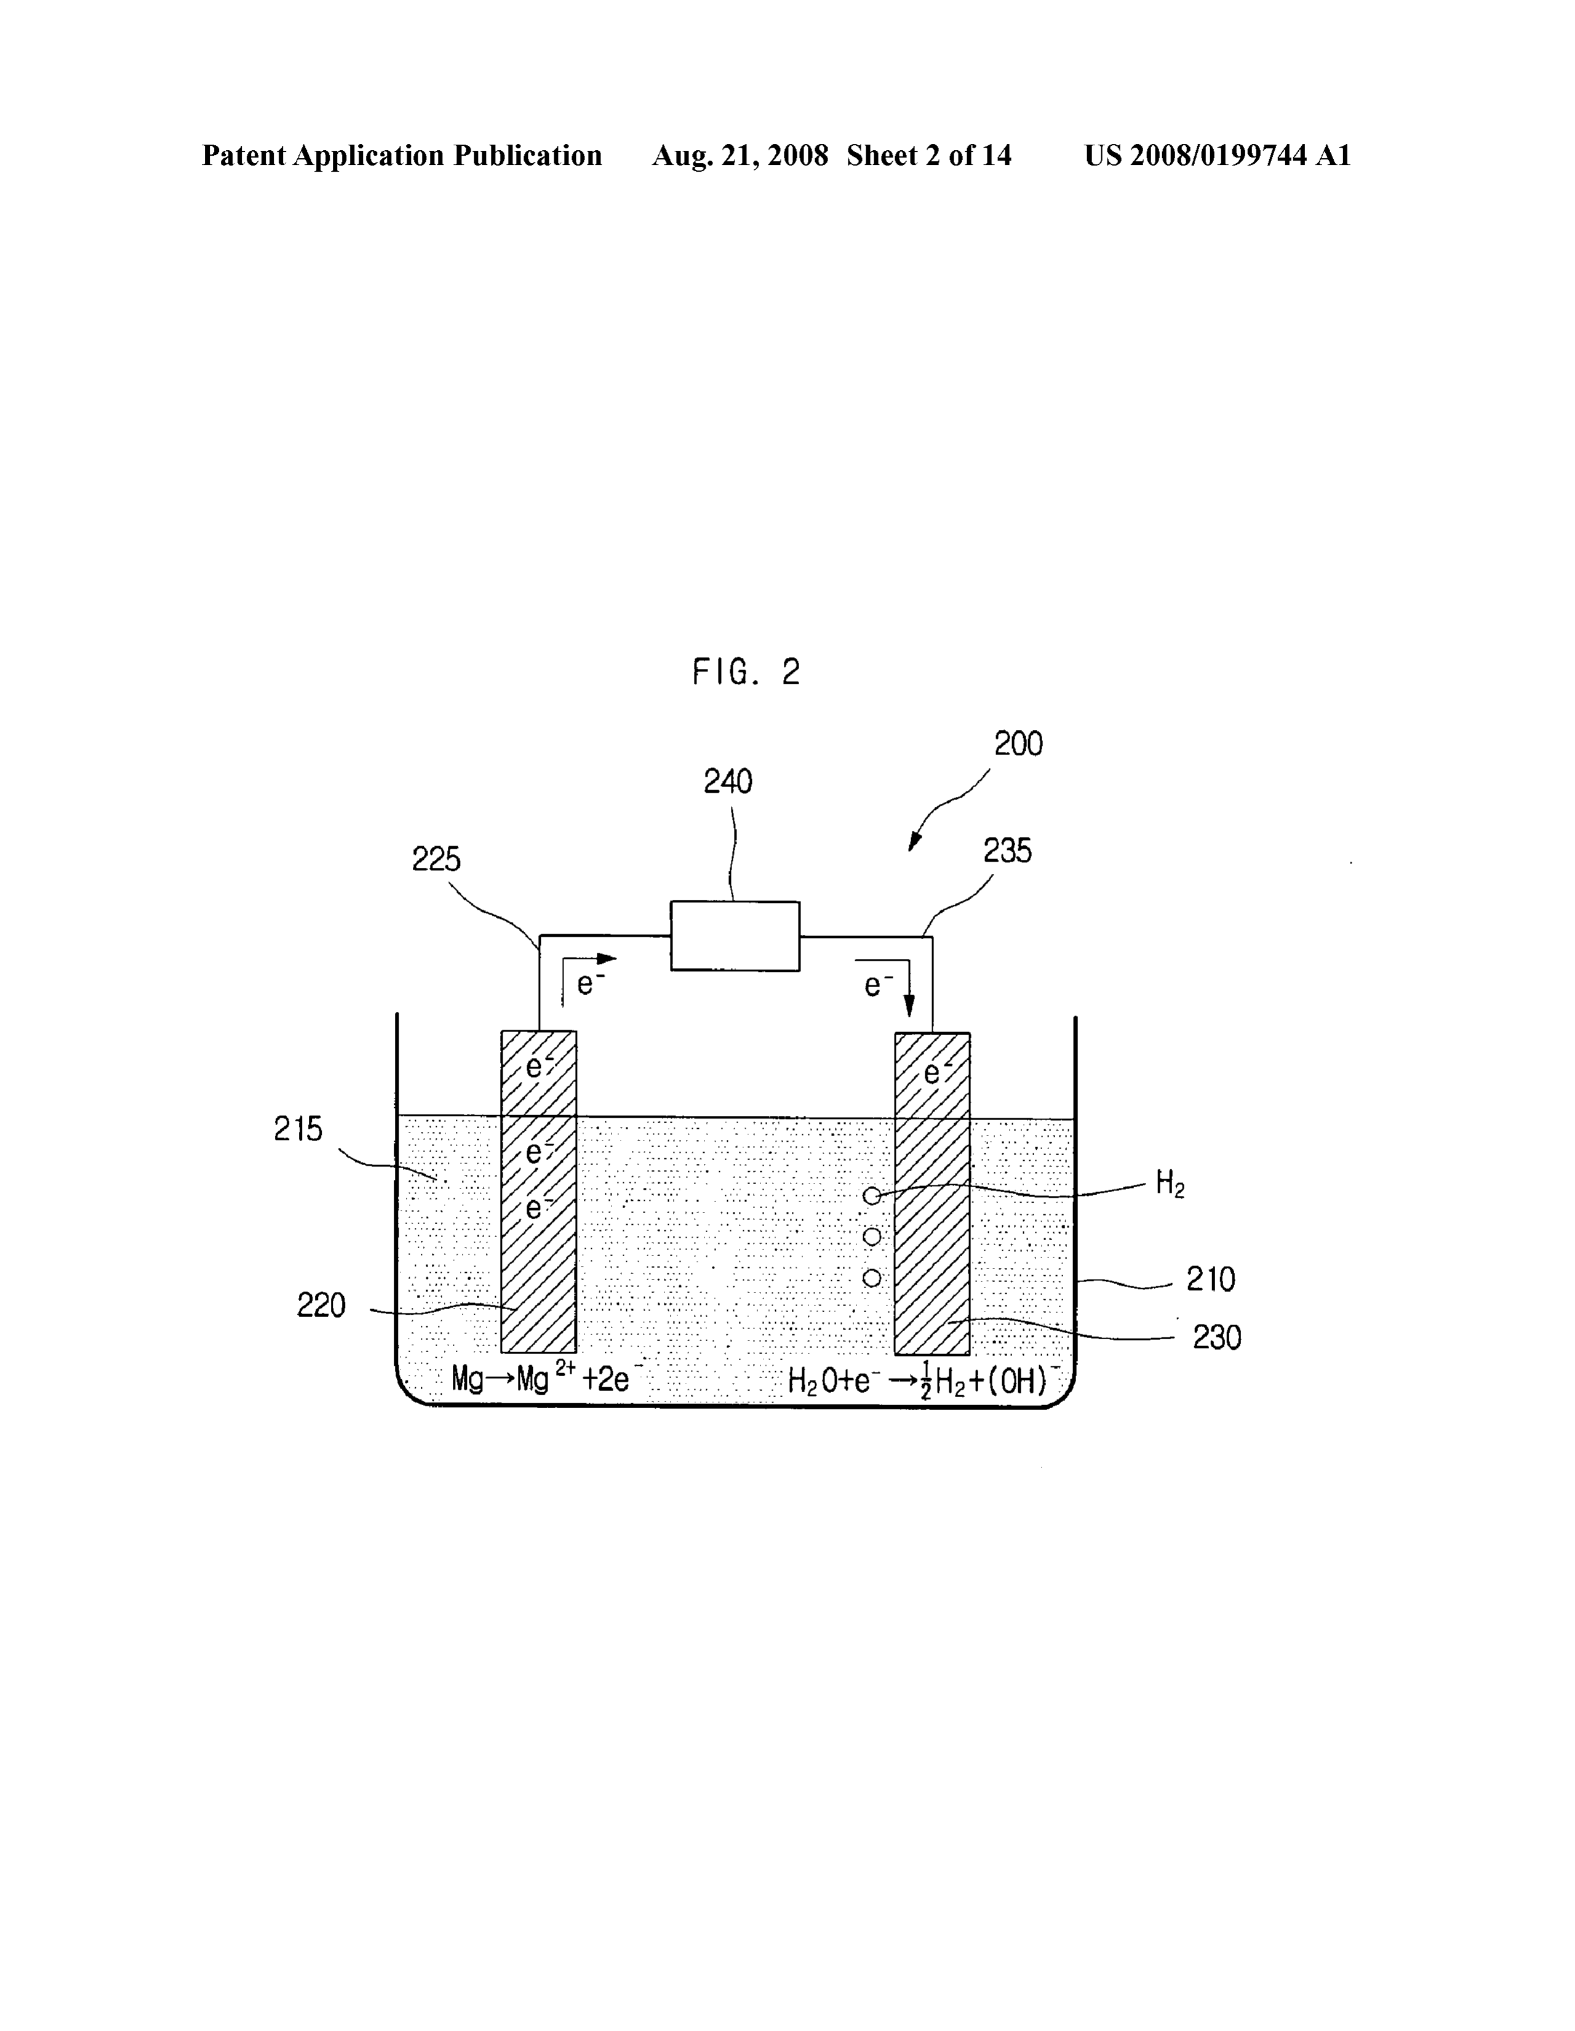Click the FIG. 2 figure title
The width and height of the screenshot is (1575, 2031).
pos(746,671)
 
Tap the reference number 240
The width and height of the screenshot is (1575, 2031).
pos(727,781)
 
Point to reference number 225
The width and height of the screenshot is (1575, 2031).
pos(436,859)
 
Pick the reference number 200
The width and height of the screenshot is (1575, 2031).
pos(1018,744)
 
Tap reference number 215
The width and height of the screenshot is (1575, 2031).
pos(298,1129)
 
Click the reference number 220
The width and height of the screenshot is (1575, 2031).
pos(321,1305)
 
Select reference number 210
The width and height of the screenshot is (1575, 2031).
pos(1211,1280)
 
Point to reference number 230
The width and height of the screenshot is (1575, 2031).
pos(1217,1337)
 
